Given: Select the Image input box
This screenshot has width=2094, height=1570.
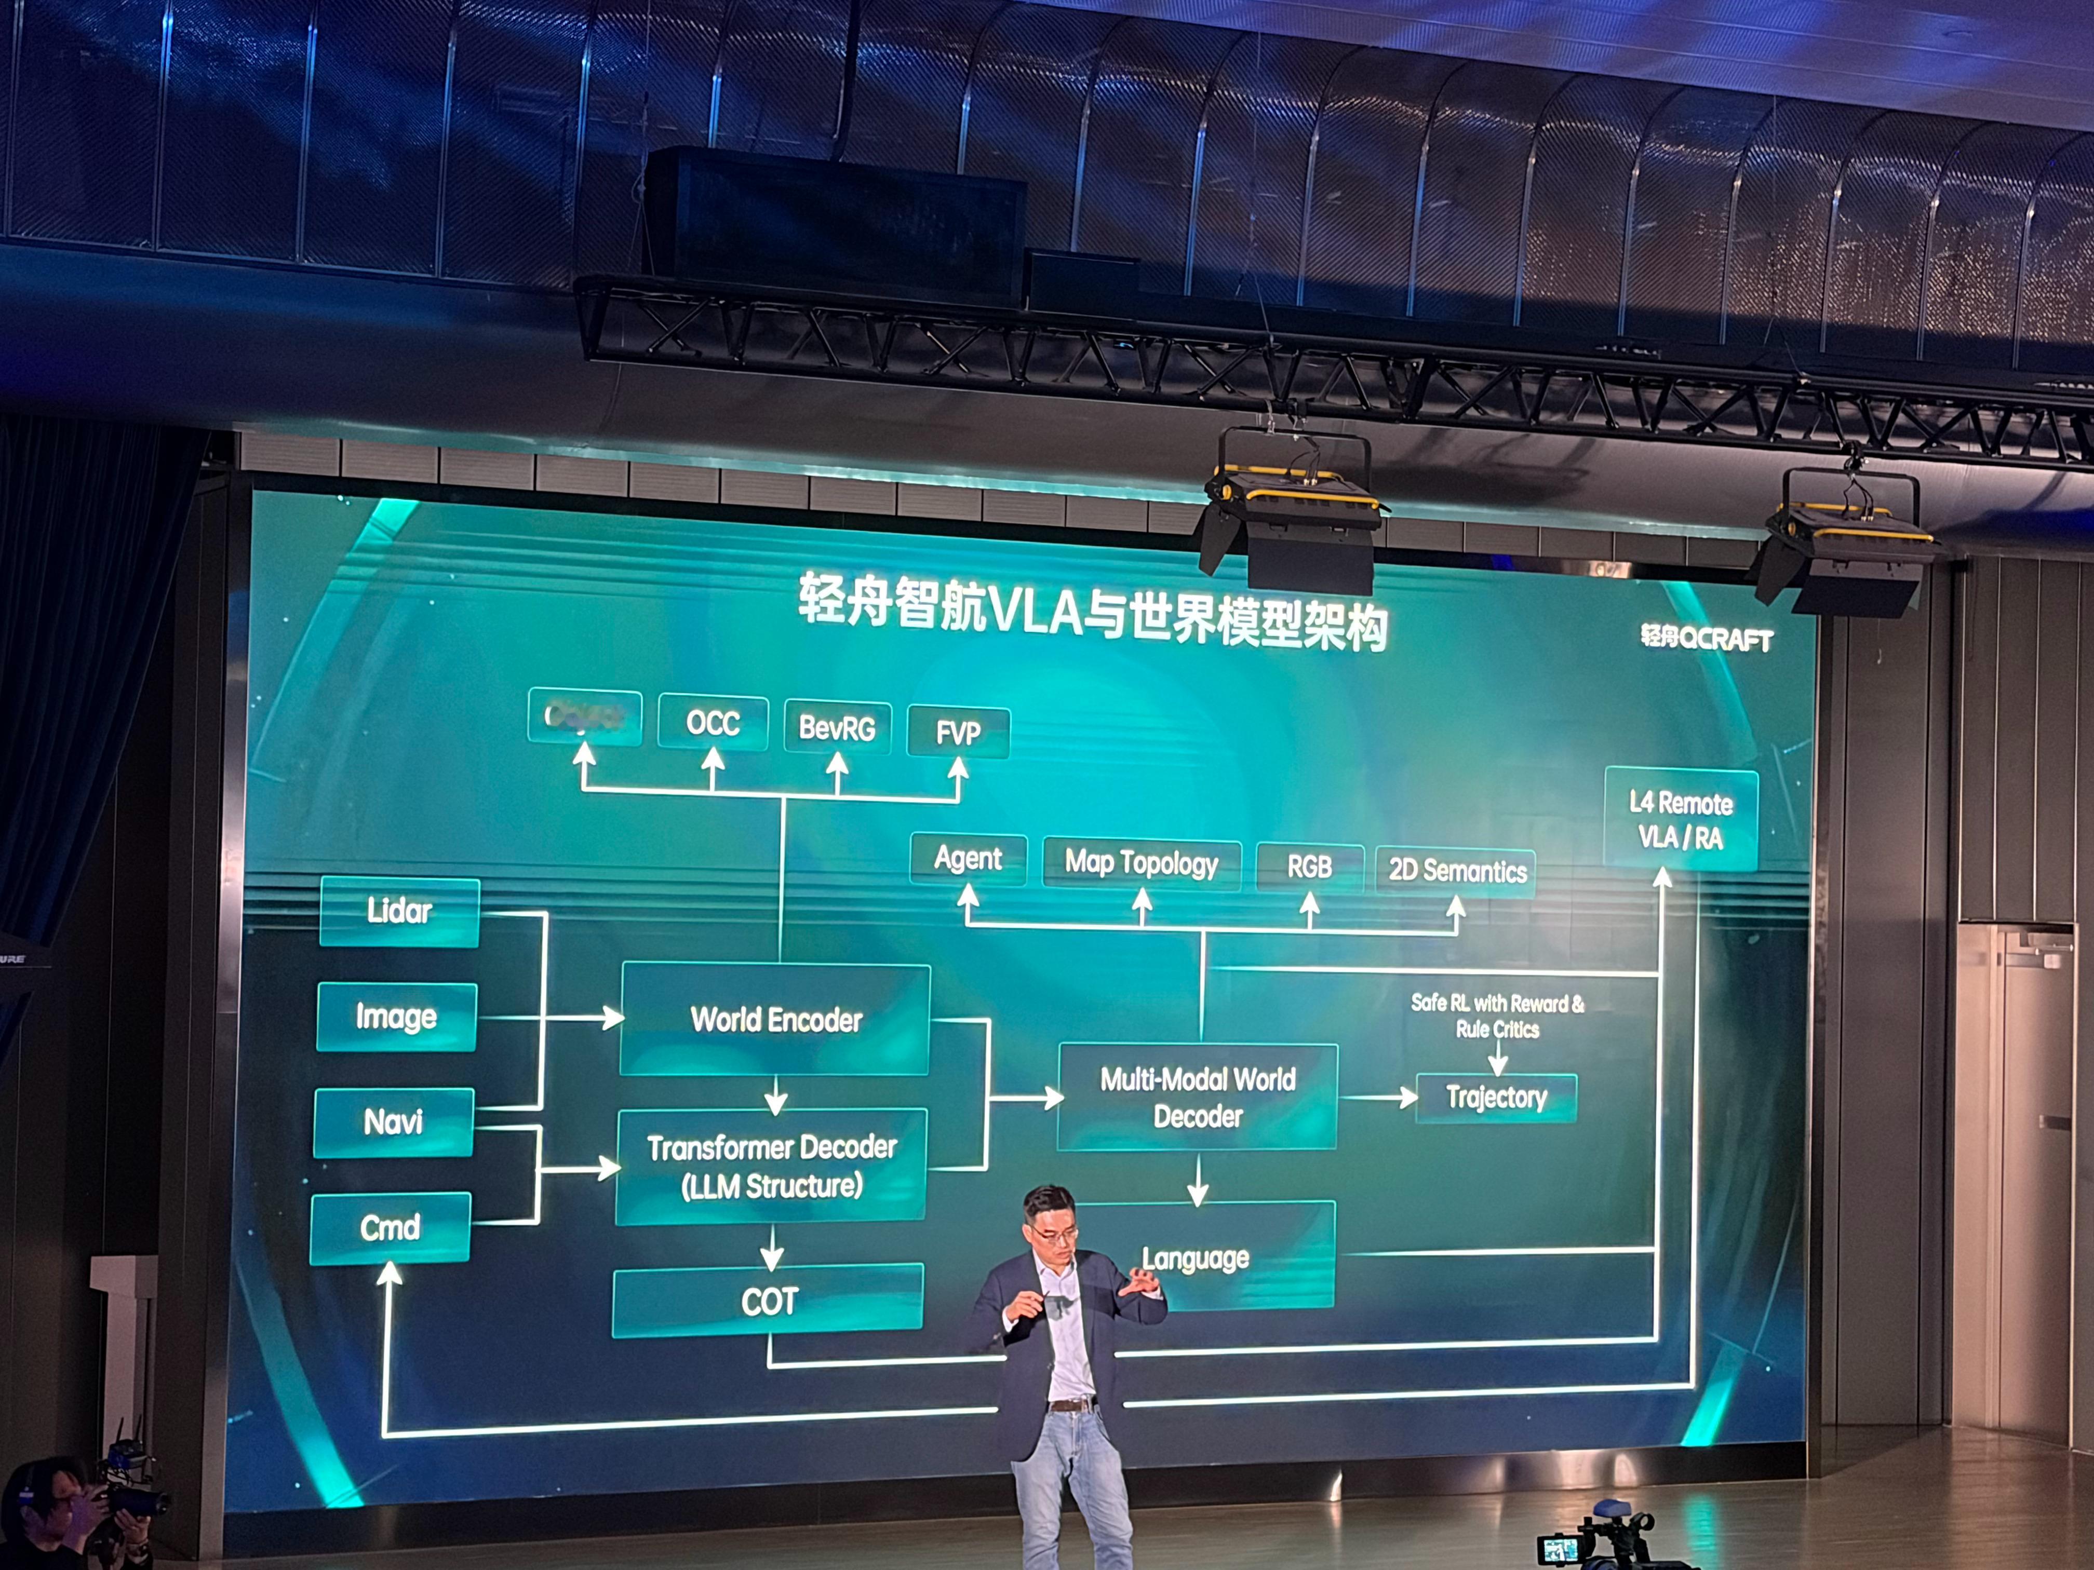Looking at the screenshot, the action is [x=396, y=1017].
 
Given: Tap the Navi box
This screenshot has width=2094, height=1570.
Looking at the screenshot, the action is [x=393, y=1122].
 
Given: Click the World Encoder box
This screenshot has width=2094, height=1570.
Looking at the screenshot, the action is [x=775, y=1019].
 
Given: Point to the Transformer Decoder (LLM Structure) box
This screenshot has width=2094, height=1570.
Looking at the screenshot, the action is [x=772, y=1166].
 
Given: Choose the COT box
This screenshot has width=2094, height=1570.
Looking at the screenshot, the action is [x=769, y=1301].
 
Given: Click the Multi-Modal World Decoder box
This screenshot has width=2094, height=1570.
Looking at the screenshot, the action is [x=1198, y=1098].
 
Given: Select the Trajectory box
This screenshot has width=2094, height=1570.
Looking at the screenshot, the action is [x=1496, y=1098].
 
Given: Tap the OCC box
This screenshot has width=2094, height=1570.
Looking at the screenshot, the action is [x=712, y=723].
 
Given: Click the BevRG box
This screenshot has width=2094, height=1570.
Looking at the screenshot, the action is [x=837, y=728].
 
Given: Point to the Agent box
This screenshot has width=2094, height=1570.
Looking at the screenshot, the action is [x=968, y=859].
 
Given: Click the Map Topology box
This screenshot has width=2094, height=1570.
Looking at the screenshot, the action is [x=1140, y=863].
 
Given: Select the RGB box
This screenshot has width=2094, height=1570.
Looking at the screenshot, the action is [x=1309, y=867].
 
